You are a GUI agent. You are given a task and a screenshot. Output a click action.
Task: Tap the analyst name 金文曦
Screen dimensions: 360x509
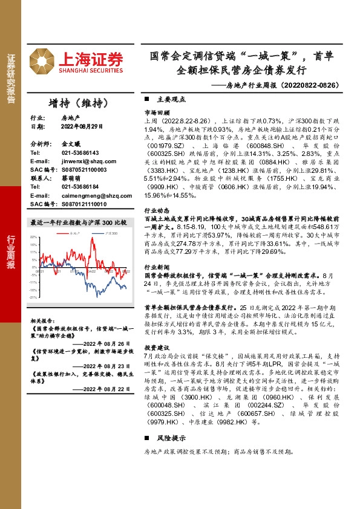pos(71,144)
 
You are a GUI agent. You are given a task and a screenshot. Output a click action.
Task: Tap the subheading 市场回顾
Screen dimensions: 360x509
pos(157,113)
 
